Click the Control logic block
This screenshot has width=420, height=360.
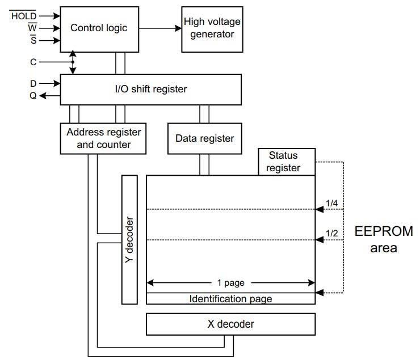click(x=99, y=28)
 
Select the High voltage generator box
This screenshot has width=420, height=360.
click(x=212, y=28)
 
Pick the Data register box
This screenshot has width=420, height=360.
click(x=204, y=138)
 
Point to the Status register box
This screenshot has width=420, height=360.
click(x=283, y=162)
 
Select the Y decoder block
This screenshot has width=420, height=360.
click(x=130, y=239)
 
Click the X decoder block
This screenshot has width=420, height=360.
click(x=230, y=324)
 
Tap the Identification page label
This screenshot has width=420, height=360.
click(x=230, y=298)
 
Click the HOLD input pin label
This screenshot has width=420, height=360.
click(x=24, y=15)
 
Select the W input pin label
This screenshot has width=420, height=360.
click(x=32, y=28)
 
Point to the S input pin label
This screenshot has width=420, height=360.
click(x=33, y=40)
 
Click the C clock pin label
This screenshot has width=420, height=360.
click(x=33, y=62)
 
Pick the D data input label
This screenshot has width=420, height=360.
click(x=33, y=83)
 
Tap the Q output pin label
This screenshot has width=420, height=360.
click(x=33, y=96)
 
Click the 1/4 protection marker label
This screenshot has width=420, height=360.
click(x=332, y=202)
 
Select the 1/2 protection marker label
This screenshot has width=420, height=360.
click(x=332, y=232)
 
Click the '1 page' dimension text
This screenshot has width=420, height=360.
click(x=230, y=282)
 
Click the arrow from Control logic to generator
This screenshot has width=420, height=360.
click(x=159, y=28)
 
